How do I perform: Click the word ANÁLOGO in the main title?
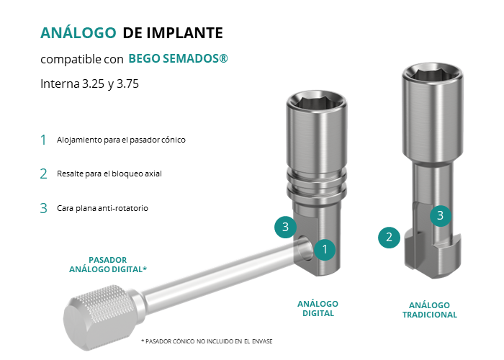[x=78, y=32]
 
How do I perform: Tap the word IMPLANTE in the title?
[x=185, y=33]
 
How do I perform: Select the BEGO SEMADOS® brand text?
[x=178, y=58]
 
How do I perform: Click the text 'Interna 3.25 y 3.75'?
[x=90, y=84]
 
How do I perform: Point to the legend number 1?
[x=43, y=140]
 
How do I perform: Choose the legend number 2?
[x=43, y=174]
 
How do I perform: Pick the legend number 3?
[x=43, y=208]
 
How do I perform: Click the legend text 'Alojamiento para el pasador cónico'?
[x=121, y=140]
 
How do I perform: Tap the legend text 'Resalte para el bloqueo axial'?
[x=109, y=174]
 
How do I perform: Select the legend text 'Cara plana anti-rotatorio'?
[x=102, y=208]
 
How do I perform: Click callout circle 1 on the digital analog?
[x=325, y=249]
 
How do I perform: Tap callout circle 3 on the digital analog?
[x=285, y=227]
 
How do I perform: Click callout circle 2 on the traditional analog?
[x=389, y=238]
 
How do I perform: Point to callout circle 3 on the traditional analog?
[x=441, y=216]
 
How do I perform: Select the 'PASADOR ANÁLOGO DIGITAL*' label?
[x=108, y=264]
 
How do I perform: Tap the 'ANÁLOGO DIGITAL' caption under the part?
[x=318, y=309]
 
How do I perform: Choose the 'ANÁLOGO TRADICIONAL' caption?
[x=429, y=310]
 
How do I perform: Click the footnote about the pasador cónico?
[x=207, y=341]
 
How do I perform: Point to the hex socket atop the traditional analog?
[x=432, y=75]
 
